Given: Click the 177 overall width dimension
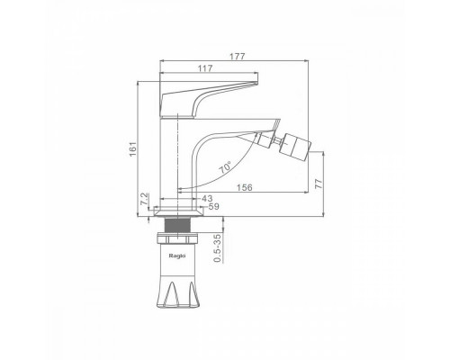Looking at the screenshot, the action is tap(238, 57).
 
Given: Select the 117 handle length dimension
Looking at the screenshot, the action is tap(205, 68).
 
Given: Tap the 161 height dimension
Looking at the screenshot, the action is tap(132, 148).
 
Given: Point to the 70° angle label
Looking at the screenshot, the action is tap(225, 167).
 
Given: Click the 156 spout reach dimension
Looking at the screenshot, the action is tap(245, 187).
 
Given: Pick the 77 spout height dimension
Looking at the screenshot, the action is tap(319, 184).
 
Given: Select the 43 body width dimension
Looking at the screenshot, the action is tap(207, 198).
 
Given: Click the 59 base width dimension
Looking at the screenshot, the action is tap(214, 206).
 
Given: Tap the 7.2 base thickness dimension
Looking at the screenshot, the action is tap(144, 199).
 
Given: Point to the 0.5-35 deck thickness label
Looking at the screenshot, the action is tap(218, 248).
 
